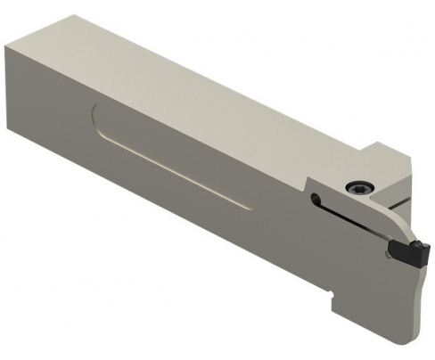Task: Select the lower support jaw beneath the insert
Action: click(x=410, y=276)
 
